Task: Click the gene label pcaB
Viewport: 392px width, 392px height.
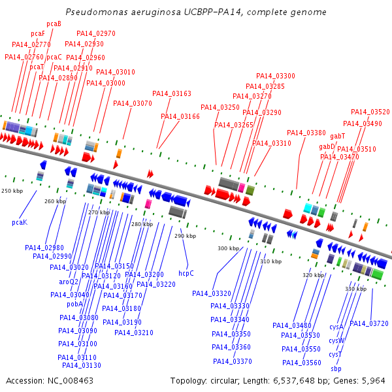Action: (54, 24)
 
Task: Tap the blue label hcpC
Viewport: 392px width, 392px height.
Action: (186, 273)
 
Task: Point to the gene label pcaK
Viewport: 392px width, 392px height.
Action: (20, 223)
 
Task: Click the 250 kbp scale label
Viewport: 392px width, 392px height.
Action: (12, 191)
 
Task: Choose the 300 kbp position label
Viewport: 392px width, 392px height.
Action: (228, 248)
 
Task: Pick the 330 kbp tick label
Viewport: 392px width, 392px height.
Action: (355, 289)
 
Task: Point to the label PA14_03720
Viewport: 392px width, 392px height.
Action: (369, 323)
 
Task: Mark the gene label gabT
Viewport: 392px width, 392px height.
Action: (338, 136)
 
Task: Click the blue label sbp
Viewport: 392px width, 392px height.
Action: (336, 368)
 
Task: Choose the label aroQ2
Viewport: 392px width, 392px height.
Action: (69, 282)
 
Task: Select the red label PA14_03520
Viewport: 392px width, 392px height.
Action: (370, 112)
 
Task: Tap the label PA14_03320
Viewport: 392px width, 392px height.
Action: (212, 293)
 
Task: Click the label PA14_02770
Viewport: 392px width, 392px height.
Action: (31, 44)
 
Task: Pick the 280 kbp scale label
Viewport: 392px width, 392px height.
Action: (141, 224)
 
